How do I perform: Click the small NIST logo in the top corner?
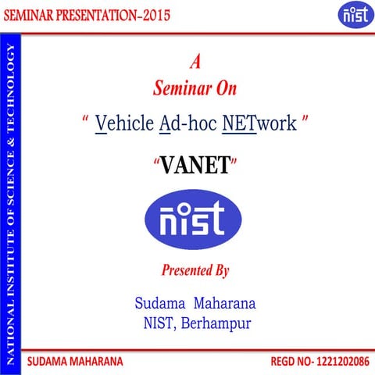(351, 13)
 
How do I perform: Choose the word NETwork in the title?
(259, 123)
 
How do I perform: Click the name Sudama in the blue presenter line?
(160, 302)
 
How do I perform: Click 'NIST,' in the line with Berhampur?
(159, 323)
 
